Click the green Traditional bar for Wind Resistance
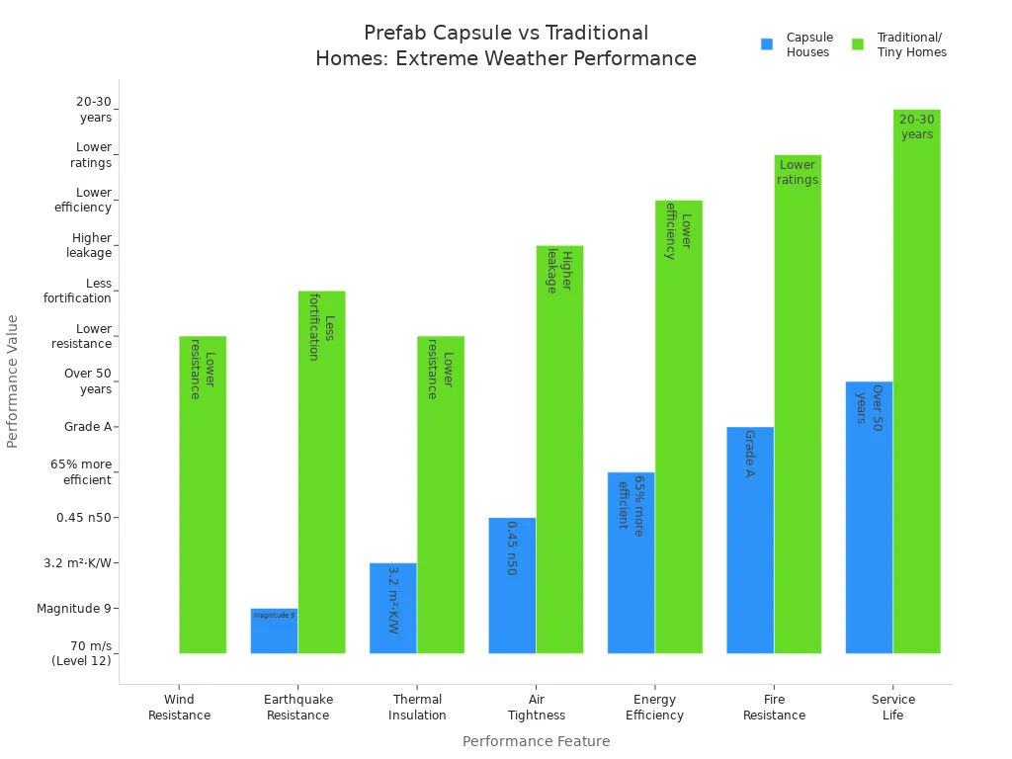point(203,494)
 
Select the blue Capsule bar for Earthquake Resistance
point(274,631)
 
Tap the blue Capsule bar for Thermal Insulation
point(392,608)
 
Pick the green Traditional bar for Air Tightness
point(559,449)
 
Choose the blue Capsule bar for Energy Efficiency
point(631,562)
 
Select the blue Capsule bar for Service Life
point(869,517)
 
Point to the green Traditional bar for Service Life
point(917,380)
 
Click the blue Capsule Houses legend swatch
point(767,44)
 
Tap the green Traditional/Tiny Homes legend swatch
point(858,44)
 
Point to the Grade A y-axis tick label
point(88,427)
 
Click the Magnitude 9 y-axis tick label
point(74,609)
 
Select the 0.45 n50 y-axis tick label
point(84,518)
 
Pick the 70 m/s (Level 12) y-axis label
point(81,653)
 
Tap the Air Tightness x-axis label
point(537,708)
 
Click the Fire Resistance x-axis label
point(774,708)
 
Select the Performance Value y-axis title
point(13,380)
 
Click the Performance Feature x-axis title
point(536,741)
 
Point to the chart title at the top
point(506,45)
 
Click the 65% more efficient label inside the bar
point(631,503)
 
